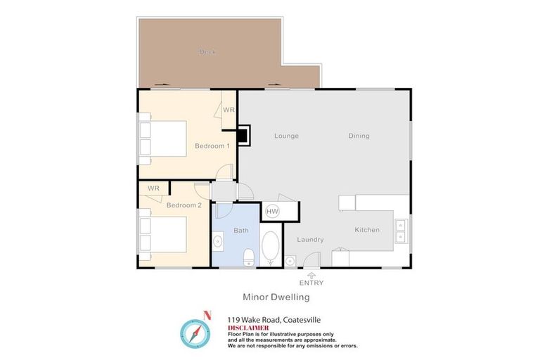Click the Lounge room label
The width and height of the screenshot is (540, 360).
(286, 136)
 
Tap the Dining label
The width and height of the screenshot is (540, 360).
(359, 136)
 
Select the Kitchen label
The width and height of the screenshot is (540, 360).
(367, 230)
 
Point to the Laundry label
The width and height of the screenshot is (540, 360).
(310, 240)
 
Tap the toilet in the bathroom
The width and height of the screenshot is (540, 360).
(248, 258)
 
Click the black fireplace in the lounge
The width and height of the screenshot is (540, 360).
(243, 134)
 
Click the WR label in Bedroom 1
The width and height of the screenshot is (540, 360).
(229, 110)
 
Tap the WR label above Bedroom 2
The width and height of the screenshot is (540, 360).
(153, 188)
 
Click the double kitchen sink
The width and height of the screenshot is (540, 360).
(401, 231)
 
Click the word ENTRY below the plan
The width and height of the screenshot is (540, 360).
(311, 283)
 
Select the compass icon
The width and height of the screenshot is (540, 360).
(195, 332)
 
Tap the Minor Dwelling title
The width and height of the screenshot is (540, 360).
(276, 297)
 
